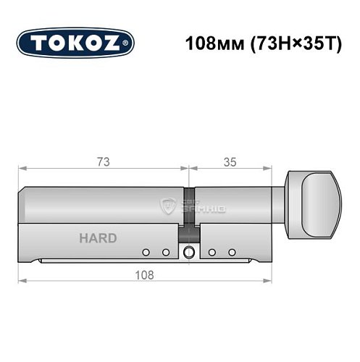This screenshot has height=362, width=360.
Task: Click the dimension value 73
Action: (x=104, y=162)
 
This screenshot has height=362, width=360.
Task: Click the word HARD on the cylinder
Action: (x=97, y=237)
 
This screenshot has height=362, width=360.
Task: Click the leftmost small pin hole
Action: (x=146, y=252)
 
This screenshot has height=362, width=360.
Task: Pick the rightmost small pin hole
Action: (x=233, y=252)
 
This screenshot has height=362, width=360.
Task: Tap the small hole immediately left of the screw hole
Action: (x=165, y=252)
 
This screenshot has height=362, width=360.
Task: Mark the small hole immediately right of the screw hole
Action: (x=213, y=252)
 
